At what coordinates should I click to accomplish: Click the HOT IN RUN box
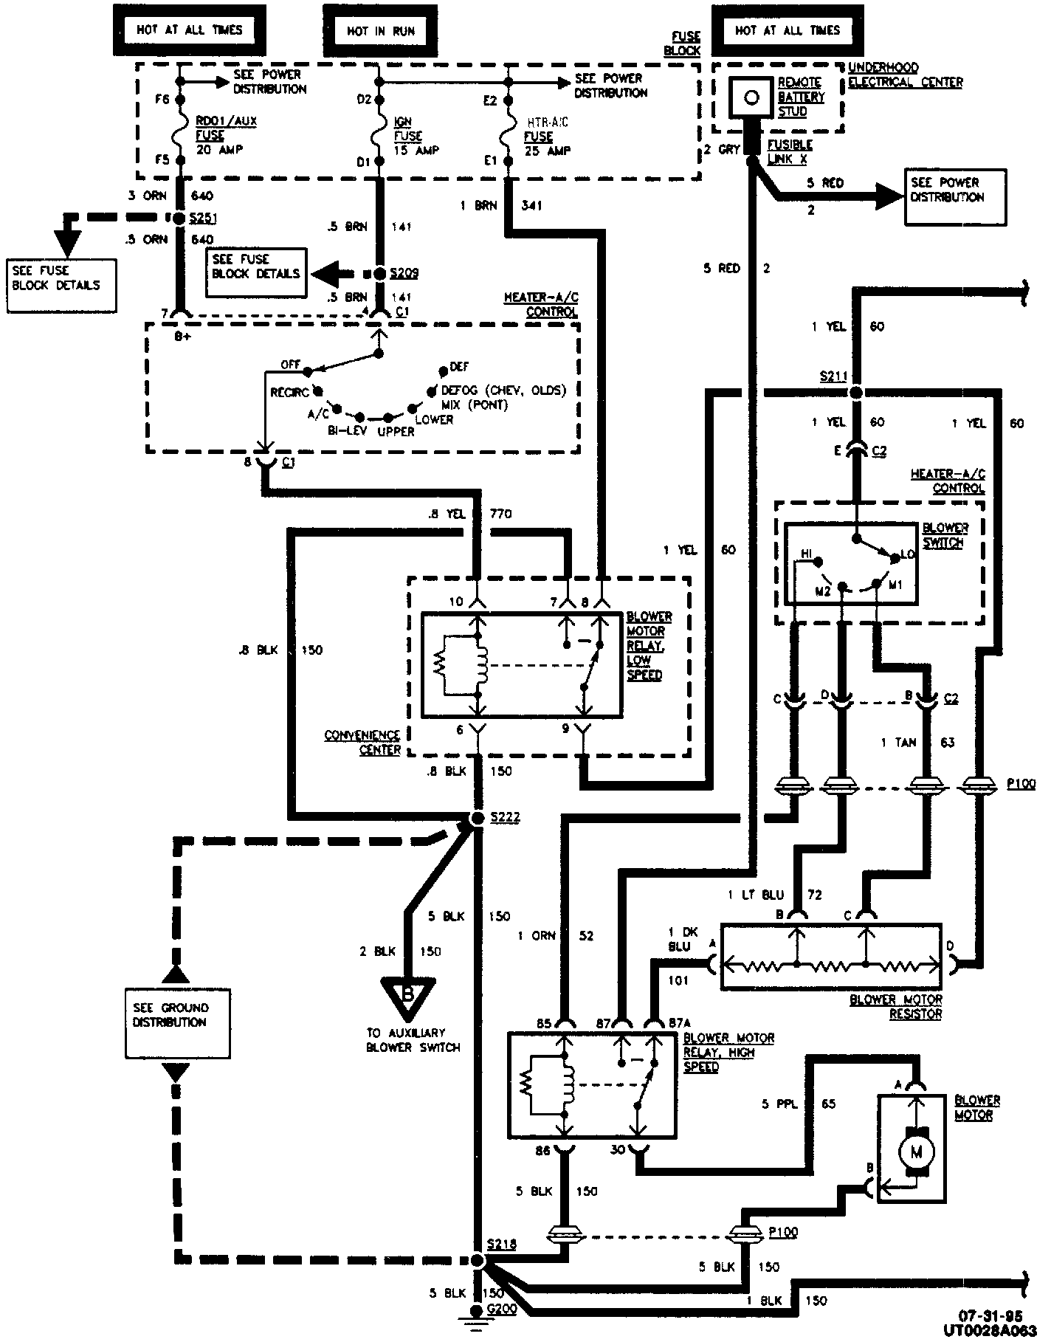[380, 30]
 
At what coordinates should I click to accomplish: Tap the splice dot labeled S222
[477, 818]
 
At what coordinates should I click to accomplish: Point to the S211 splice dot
[856, 392]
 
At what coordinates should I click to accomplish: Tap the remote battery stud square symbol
[751, 97]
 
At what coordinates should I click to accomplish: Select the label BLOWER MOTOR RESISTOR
[896, 1007]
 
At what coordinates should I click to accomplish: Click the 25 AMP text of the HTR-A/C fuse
[548, 151]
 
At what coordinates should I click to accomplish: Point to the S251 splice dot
[178, 218]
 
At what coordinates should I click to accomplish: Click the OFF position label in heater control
[292, 365]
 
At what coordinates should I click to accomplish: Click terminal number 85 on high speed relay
[543, 1023]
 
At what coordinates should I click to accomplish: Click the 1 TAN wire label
[898, 743]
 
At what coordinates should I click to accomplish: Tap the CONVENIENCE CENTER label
[363, 743]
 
